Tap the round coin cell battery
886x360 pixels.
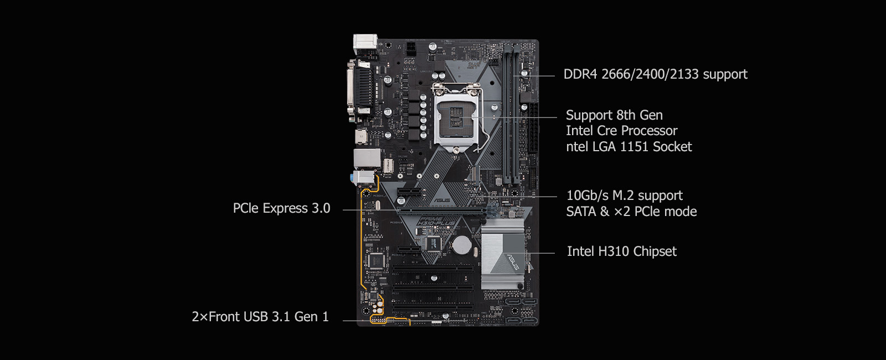click(461, 245)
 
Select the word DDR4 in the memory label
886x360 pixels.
click(580, 74)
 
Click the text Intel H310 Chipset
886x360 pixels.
click(622, 251)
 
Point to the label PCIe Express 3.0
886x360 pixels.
click(281, 208)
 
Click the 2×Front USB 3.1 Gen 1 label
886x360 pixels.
click(260, 316)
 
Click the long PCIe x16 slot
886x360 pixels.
click(441, 211)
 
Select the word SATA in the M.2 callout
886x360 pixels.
click(581, 212)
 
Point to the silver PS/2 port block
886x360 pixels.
click(365, 44)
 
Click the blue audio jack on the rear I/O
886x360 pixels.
click(352, 178)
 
